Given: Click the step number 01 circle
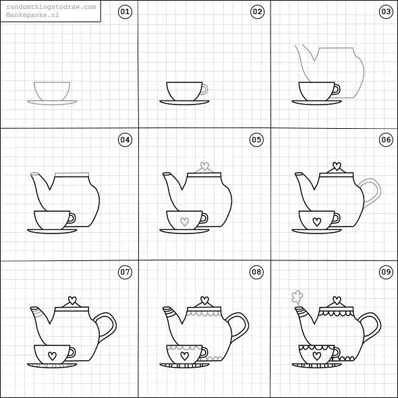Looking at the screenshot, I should click(x=124, y=12).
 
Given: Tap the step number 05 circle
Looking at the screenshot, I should click(x=256, y=140).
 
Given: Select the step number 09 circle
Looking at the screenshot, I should click(x=385, y=272).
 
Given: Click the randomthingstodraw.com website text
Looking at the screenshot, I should click(x=51, y=6).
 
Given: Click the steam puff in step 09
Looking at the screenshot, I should click(x=295, y=295).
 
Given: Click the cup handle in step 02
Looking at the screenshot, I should click(x=204, y=88).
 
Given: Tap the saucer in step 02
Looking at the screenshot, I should click(x=185, y=103).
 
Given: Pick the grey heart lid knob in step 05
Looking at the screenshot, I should click(x=204, y=167).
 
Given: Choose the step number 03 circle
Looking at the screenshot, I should click(x=385, y=12).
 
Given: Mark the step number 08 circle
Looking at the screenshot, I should click(x=256, y=272).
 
